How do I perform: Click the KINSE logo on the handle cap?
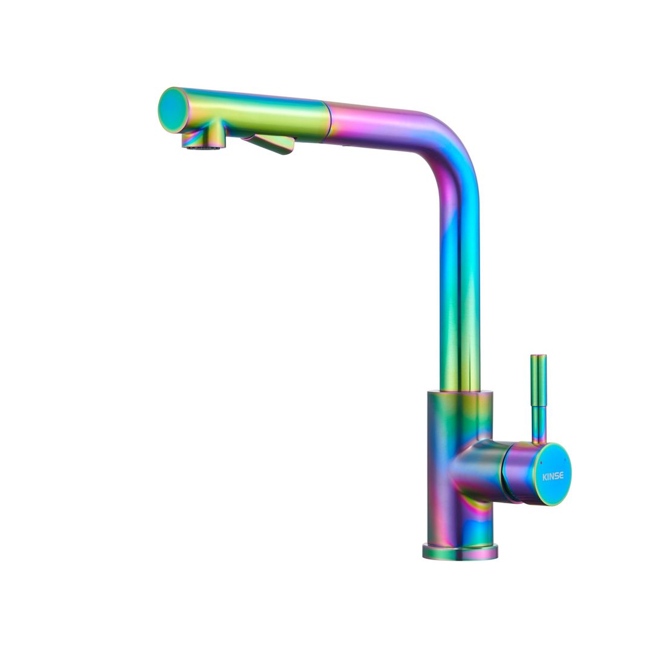(x=552, y=475)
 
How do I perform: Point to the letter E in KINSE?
(x=561, y=475)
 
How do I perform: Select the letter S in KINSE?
(x=557, y=475)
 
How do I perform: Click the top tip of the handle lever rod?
(x=538, y=356)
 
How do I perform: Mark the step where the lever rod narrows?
(x=538, y=406)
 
